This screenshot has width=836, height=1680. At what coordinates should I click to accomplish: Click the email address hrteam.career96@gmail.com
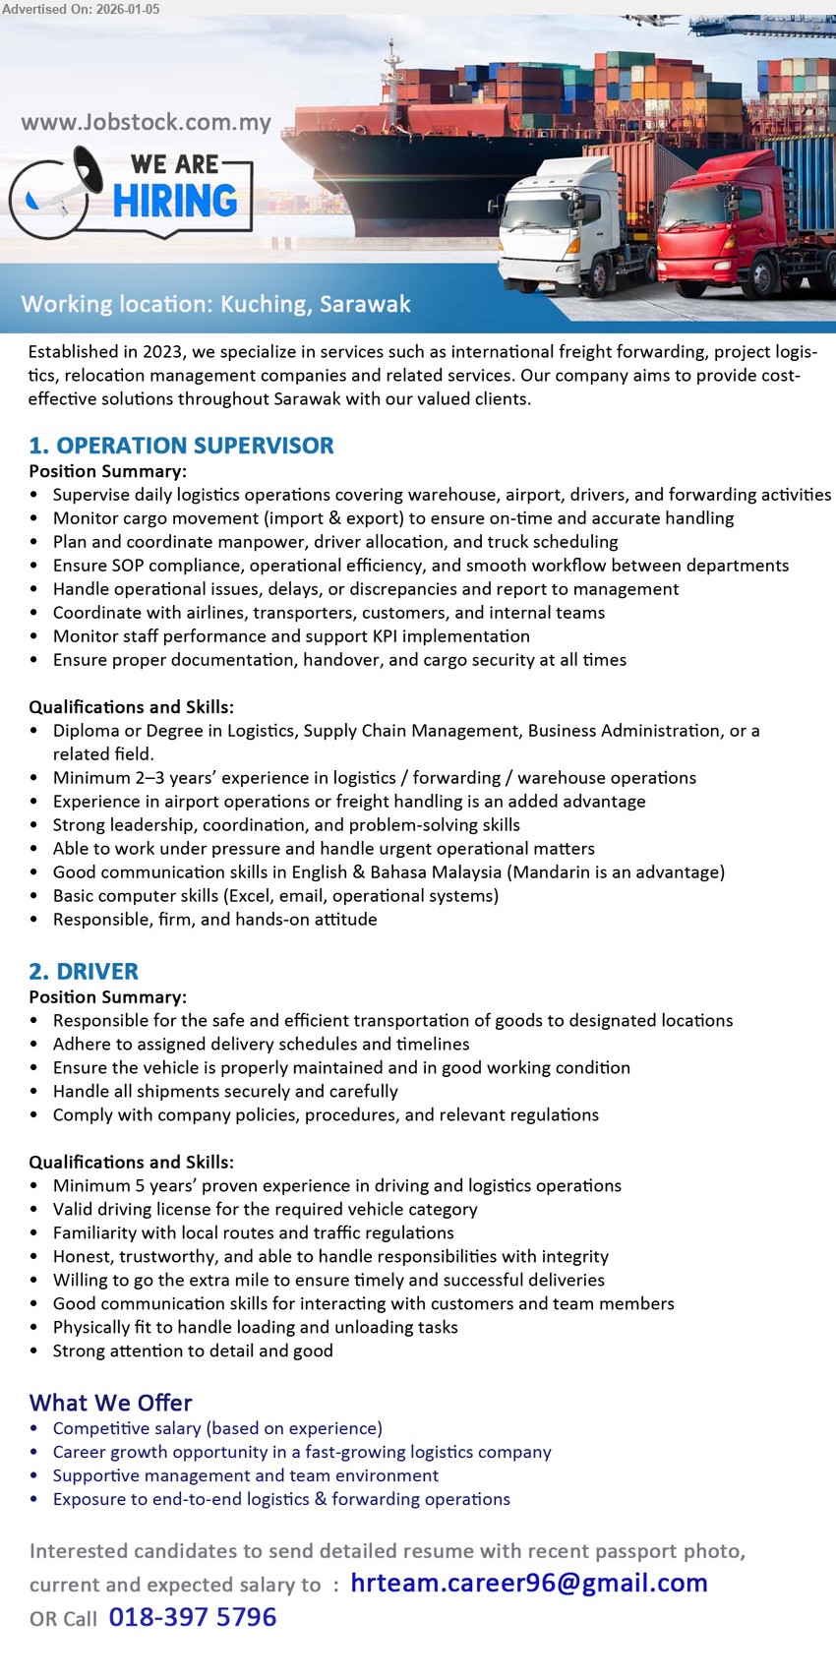[528, 1583]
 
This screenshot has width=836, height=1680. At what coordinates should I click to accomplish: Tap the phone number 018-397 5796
[193, 1617]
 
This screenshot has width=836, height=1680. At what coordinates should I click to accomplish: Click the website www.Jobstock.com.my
[146, 123]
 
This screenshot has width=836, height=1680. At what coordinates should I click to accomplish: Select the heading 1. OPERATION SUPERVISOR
[182, 446]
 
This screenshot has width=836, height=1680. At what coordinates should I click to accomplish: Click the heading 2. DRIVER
[84, 972]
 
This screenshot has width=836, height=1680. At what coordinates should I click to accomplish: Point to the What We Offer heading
[110, 1403]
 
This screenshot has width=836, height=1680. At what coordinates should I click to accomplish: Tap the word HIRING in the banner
[175, 202]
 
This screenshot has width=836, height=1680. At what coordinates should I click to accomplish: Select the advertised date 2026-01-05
[128, 8]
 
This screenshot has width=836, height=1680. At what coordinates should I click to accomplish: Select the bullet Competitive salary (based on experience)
[217, 1428]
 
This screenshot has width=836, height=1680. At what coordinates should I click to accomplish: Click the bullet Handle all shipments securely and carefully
[225, 1092]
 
